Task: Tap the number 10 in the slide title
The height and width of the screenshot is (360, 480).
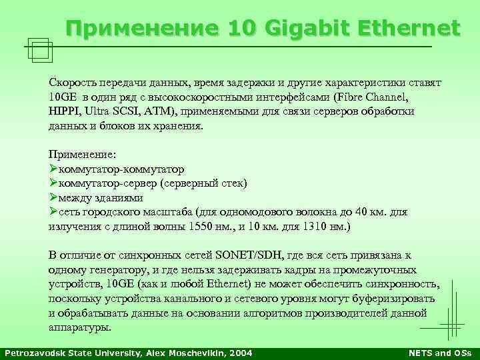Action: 245,29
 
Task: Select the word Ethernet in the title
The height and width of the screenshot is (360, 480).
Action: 409,29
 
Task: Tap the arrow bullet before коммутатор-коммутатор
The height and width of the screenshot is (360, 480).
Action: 53,169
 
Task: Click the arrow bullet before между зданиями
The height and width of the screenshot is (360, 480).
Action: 53,197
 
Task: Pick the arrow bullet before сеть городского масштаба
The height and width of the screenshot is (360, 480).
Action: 53,211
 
